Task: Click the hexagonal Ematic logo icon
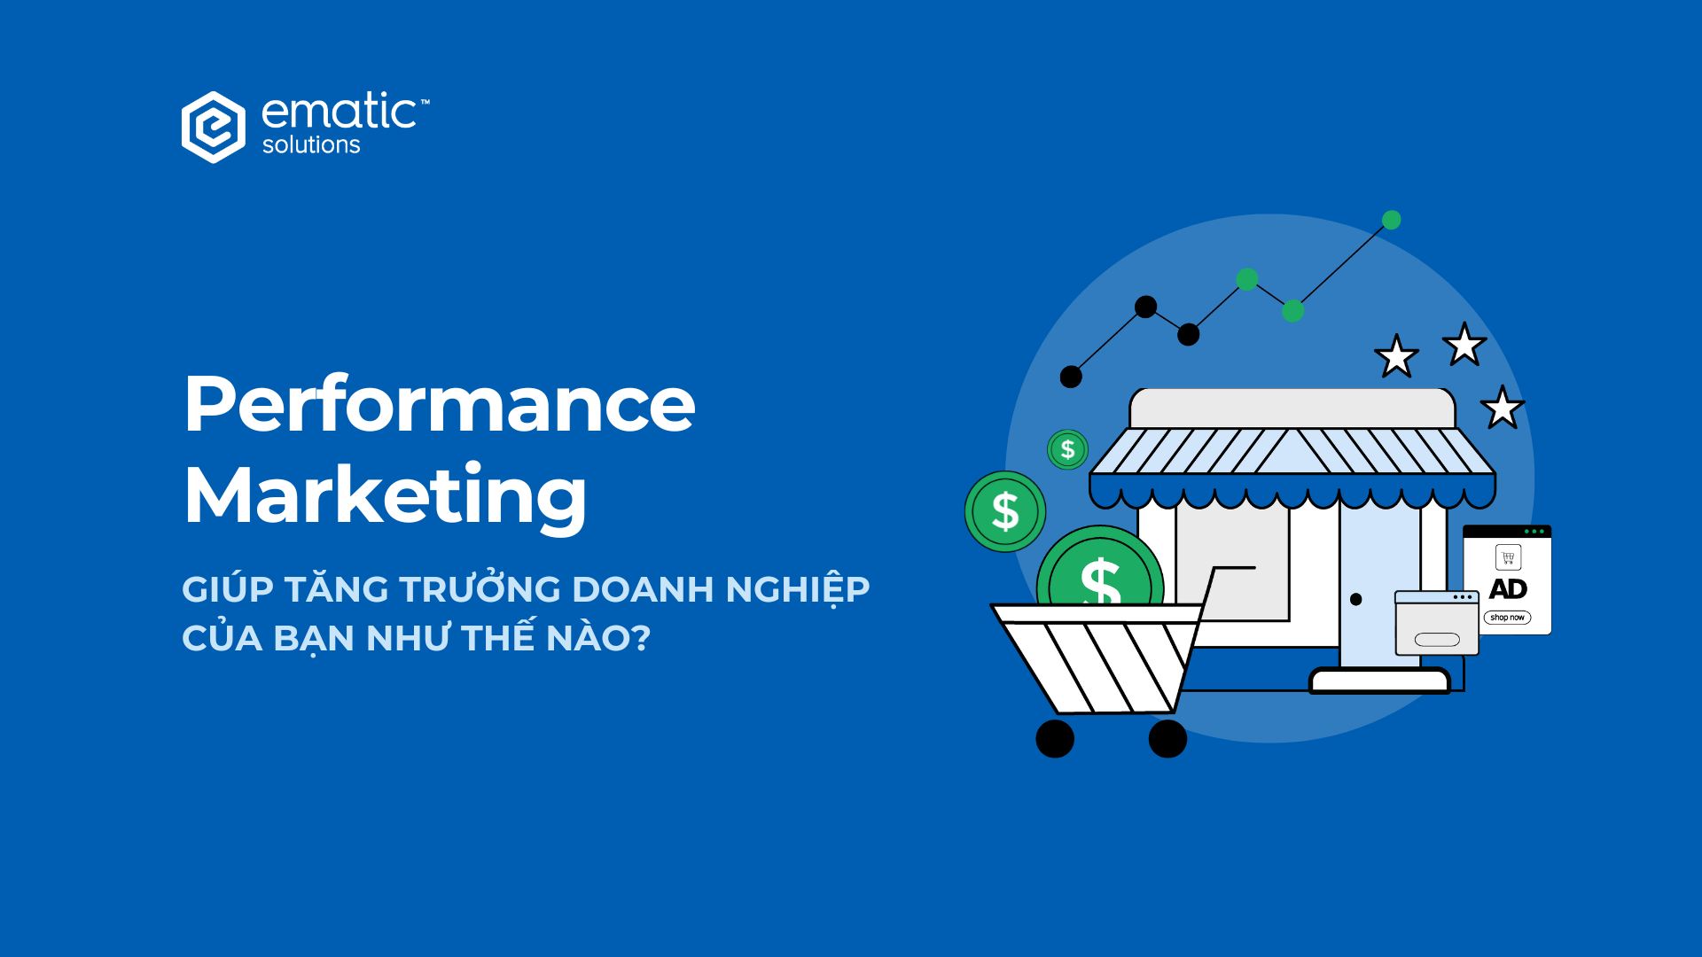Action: [213, 127]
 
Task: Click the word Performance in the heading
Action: [440, 404]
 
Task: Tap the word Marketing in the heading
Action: [385, 495]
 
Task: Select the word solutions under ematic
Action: [311, 145]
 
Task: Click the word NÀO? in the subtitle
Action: [598, 638]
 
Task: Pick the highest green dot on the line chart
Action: [1392, 220]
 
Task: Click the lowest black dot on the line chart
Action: [1071, 377]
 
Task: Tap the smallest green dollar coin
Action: [1067, 450]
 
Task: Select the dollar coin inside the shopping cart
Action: [1100, 572]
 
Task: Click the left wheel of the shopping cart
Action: [1055, 738]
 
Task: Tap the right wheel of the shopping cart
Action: [1167, 738]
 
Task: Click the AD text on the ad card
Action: [1508, 589]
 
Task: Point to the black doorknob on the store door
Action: [1355, 600]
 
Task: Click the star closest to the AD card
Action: [1502, 408]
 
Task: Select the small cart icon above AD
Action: [1508, 557]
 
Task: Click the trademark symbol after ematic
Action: [425, 102]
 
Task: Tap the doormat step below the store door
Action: [1379, 681]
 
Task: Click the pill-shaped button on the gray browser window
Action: [1437, 640]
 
